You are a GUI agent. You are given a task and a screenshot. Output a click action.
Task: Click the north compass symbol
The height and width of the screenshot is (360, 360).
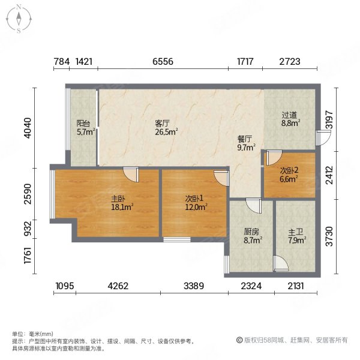[19, 19]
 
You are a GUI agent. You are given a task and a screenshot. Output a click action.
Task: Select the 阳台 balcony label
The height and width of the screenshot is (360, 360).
[83, 123]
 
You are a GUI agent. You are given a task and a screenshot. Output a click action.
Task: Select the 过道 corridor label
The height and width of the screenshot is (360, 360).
[290, 115]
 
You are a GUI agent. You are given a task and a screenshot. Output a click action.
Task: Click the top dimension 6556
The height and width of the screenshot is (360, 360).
[163, 61]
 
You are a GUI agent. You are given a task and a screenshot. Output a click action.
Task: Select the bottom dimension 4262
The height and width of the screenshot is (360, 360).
[118, 285]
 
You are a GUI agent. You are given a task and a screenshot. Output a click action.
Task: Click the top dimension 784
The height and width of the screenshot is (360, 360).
[61, 61]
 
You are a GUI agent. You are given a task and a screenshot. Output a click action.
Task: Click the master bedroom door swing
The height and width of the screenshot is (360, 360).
[131, 174]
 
